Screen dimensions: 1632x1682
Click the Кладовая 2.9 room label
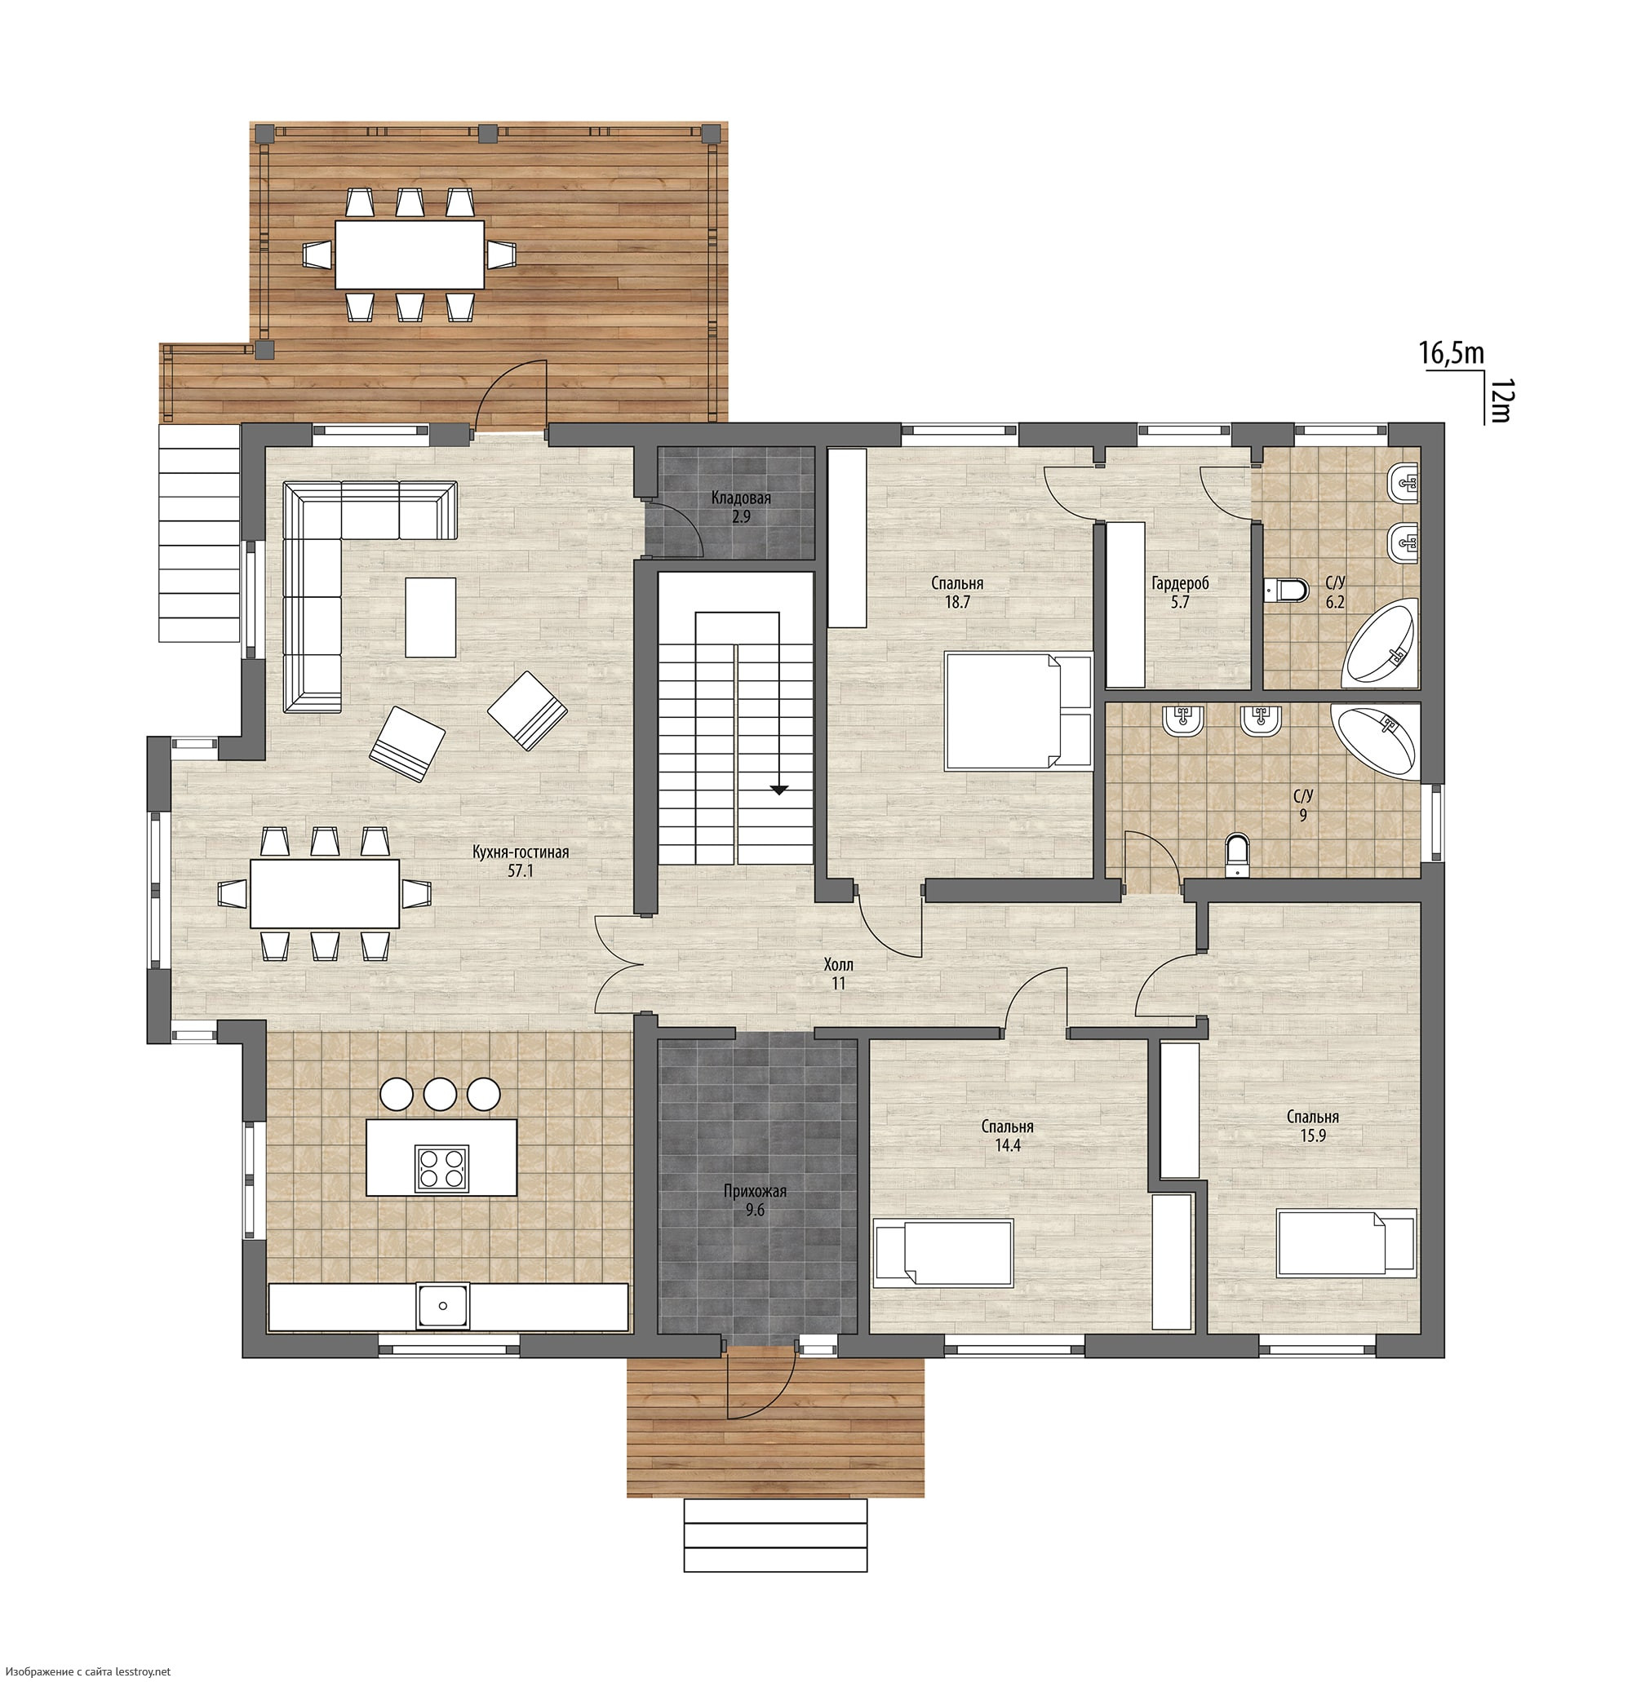click(741, 507)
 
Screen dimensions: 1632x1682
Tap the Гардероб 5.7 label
click(1181, 592)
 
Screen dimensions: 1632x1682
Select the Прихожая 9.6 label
click(755, 1201)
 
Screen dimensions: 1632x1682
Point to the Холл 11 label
click(838, 974)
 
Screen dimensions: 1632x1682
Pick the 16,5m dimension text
click(1452, 353)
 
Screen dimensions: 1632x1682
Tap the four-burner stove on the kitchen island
click(442, 1168)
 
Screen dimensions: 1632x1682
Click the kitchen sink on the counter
click(444, 1306)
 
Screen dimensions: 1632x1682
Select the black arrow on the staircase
click(778, 790)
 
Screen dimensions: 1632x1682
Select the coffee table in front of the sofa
click(430, 616)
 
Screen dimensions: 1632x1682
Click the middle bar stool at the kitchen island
click(441, 1093)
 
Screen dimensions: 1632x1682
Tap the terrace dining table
click(410, 255)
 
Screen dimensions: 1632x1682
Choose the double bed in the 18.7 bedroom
click(1018, 710)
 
